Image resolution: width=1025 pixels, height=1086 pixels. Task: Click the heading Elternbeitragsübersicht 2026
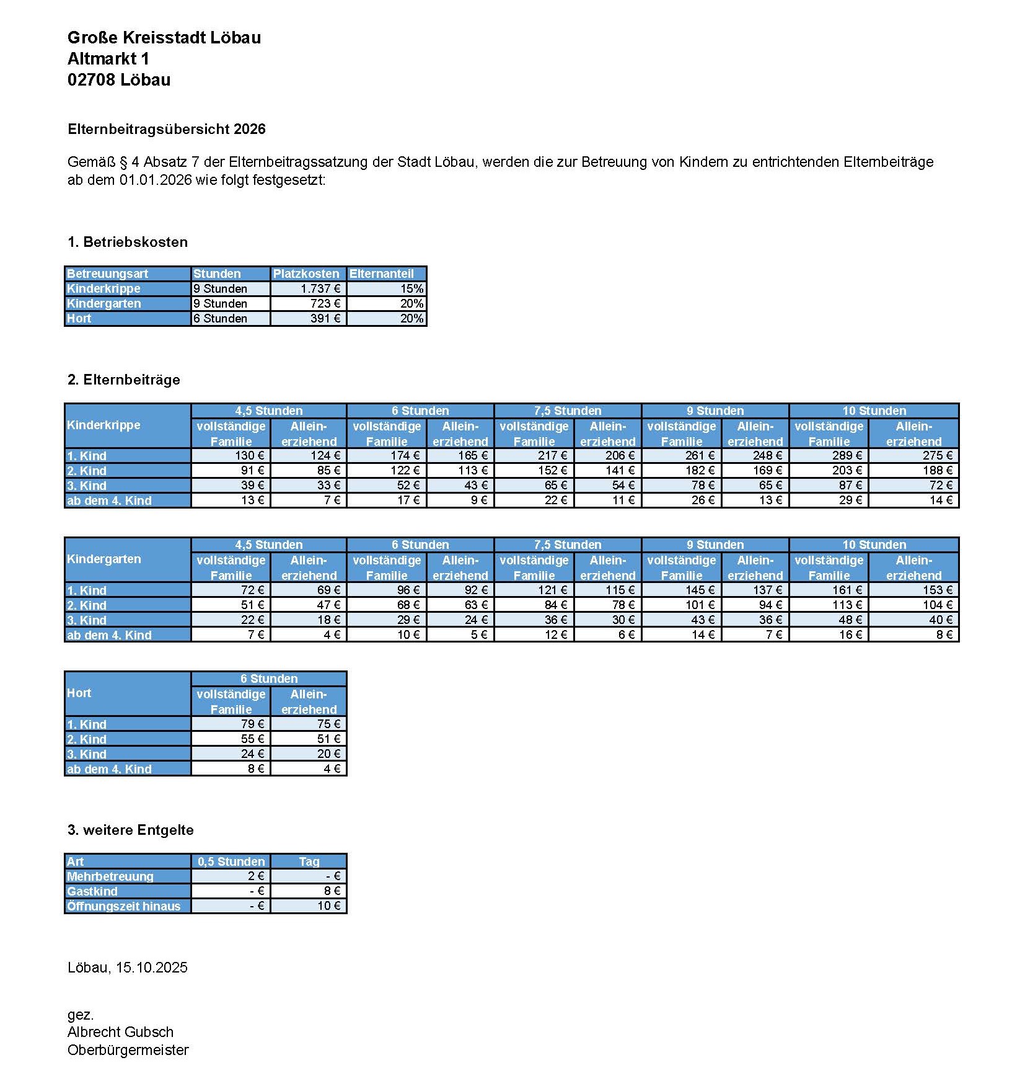point(166,129)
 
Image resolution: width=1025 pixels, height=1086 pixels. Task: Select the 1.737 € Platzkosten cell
point(309,288)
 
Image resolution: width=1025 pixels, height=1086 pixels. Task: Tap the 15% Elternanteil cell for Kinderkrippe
point(387,288)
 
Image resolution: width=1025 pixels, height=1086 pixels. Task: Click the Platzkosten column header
point(306,274)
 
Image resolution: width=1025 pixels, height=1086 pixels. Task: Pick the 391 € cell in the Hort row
point(309,318)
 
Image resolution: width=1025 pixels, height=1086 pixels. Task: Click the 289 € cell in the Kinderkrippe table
point(829,455)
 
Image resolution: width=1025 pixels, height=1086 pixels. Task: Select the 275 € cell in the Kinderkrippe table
point(913,455)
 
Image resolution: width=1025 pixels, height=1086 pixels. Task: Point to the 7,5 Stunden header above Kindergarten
point(567,545)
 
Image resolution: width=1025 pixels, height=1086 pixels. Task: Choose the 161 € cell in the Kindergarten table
point(829,590)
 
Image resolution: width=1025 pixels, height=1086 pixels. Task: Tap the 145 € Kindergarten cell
point(681,590)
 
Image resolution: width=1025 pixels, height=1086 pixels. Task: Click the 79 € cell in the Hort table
point(231,724)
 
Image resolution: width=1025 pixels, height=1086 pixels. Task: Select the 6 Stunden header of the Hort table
point(269,679)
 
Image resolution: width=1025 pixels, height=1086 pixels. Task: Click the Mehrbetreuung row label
point(110,876)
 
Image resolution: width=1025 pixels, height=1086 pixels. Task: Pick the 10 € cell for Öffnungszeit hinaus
point(309,906)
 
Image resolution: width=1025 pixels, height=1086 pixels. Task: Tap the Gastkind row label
point(92,891)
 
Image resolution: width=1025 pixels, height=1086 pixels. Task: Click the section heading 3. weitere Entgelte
point(130,830)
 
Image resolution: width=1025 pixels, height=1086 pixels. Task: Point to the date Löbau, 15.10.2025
point(128,968)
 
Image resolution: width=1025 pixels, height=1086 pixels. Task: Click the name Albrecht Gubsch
point(120,1032)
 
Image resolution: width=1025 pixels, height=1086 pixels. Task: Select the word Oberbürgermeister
point(128,1050)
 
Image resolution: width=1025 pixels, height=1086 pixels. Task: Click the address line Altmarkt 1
point(108,58)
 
